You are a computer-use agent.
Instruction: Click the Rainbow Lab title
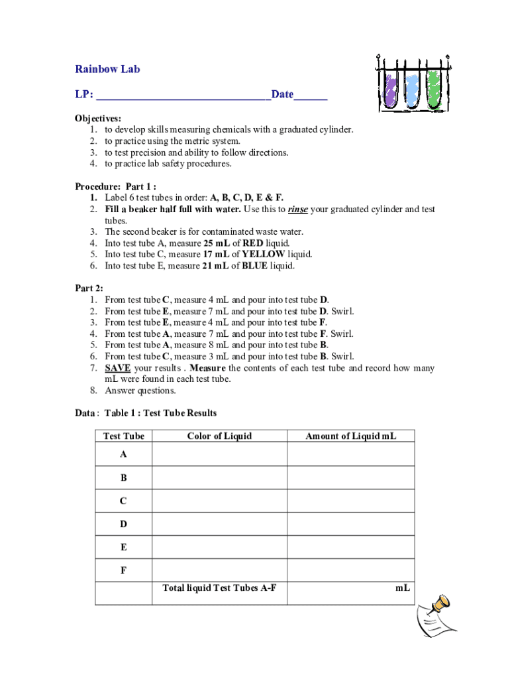pyautogui.click(x=107, y=69)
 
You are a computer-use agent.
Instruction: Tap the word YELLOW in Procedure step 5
pyautogui.click(x=264, y=254)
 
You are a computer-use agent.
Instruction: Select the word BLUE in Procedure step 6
pyautogui.click(x=255, y=266)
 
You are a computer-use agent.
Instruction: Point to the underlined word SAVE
pyautogui.click(x=118, y=368)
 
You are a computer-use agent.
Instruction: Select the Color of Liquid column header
pyautogui.click(x=219, y=436)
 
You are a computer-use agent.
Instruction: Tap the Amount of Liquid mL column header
pyautogui.click(x=350, y=436)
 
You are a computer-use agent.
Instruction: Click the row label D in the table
pyautogui.click(x=123, y=524)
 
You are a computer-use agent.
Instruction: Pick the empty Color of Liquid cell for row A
pyautogui.click(x=219, y=455)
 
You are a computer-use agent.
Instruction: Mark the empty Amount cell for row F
pyautogui.click(x=350, y=570)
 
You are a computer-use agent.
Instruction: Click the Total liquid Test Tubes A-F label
pyautogui.click(x=219, y=588)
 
